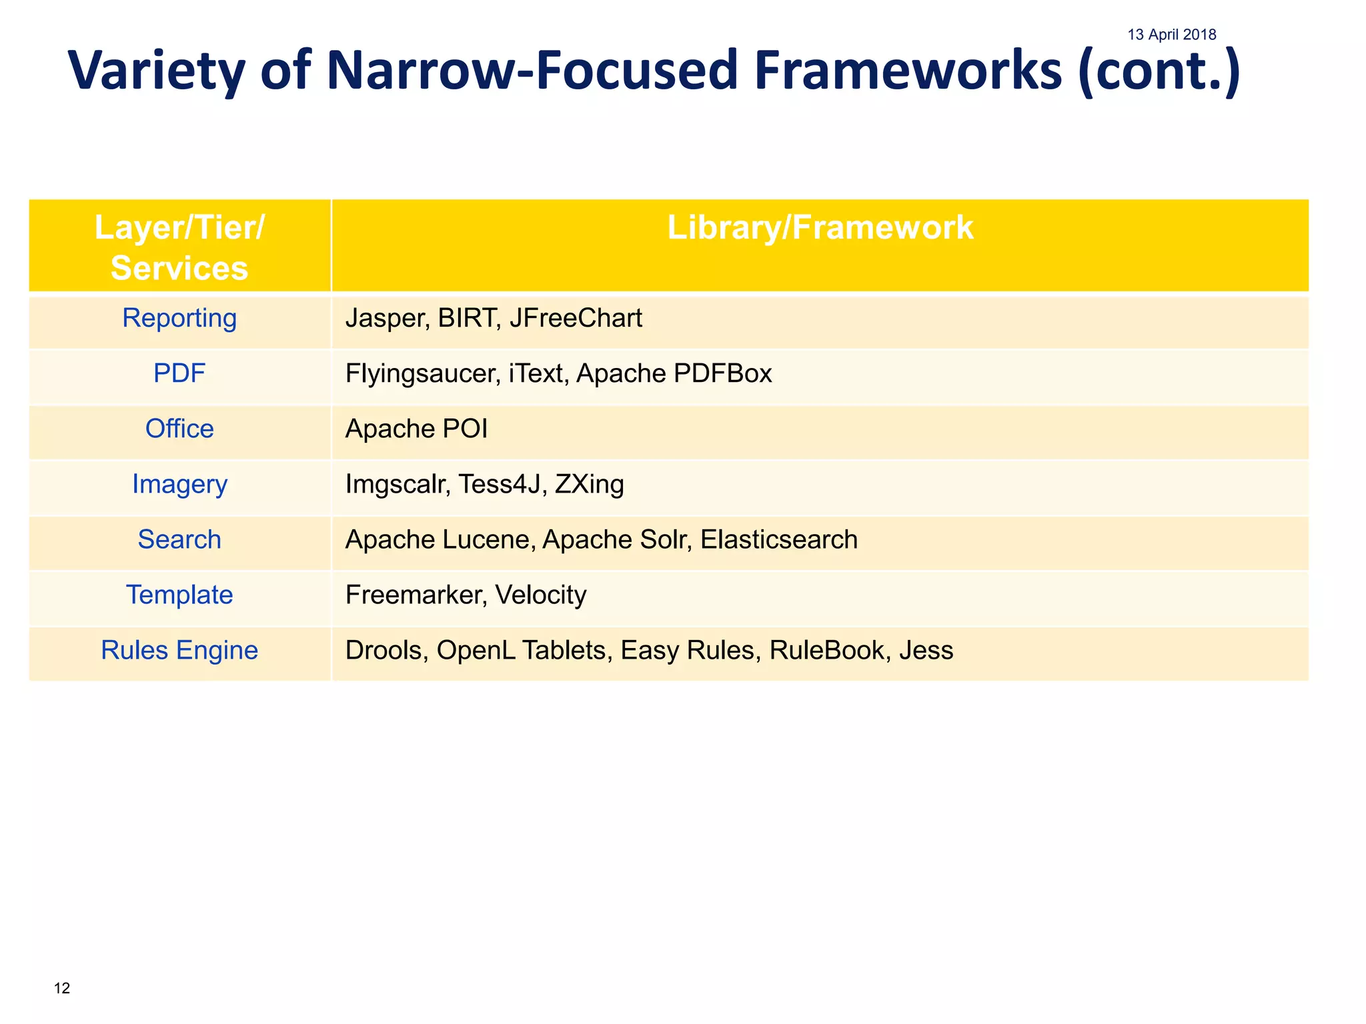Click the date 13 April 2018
tap(1171, 35)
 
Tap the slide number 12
tap(62, 988)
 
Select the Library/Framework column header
tap(820, 228)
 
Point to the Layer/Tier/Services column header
tap(179, 247)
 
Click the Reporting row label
tap(179, 318)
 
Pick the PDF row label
tap(179, 373)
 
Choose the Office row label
tap(179, 429)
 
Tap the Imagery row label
tap(179, 484)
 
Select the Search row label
tap(179, 539)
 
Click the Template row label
tap(179, 595)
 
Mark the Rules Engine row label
tap(179, 650)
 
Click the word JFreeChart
tap(576, 318)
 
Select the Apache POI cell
tap(416, 429)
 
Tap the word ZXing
tap(589, 484)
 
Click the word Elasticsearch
tap(778, 539)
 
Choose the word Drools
tap(387, 650)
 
